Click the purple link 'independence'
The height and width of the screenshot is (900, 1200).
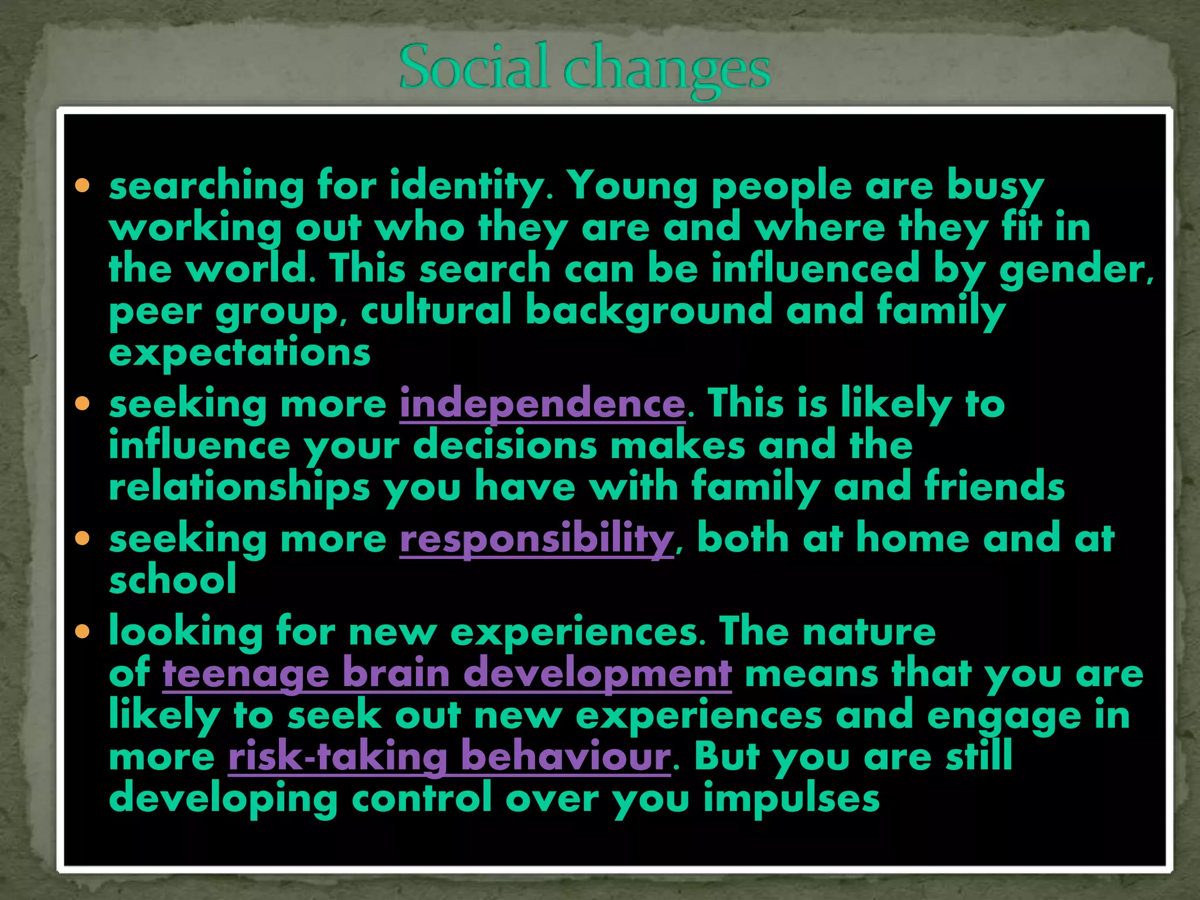542,404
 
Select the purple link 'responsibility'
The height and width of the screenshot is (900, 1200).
537,538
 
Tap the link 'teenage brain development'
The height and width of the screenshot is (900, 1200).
447,673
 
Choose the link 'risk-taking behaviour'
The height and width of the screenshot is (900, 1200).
449,756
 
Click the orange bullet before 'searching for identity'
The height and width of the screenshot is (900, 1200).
83,186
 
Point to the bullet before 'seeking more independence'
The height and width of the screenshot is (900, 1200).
83,404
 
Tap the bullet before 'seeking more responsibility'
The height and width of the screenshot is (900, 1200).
83,538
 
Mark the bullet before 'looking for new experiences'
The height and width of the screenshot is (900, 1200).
83,632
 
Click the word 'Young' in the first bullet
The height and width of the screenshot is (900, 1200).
633,186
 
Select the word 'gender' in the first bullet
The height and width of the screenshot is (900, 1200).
1075,270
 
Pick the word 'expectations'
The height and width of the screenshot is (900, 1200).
240,353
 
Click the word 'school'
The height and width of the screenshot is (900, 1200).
173,579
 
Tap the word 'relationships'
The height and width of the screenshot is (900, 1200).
240,487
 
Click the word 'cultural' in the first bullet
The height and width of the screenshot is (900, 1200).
437,311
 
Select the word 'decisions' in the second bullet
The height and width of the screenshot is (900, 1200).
505,446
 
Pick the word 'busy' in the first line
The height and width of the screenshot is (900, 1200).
996,186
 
